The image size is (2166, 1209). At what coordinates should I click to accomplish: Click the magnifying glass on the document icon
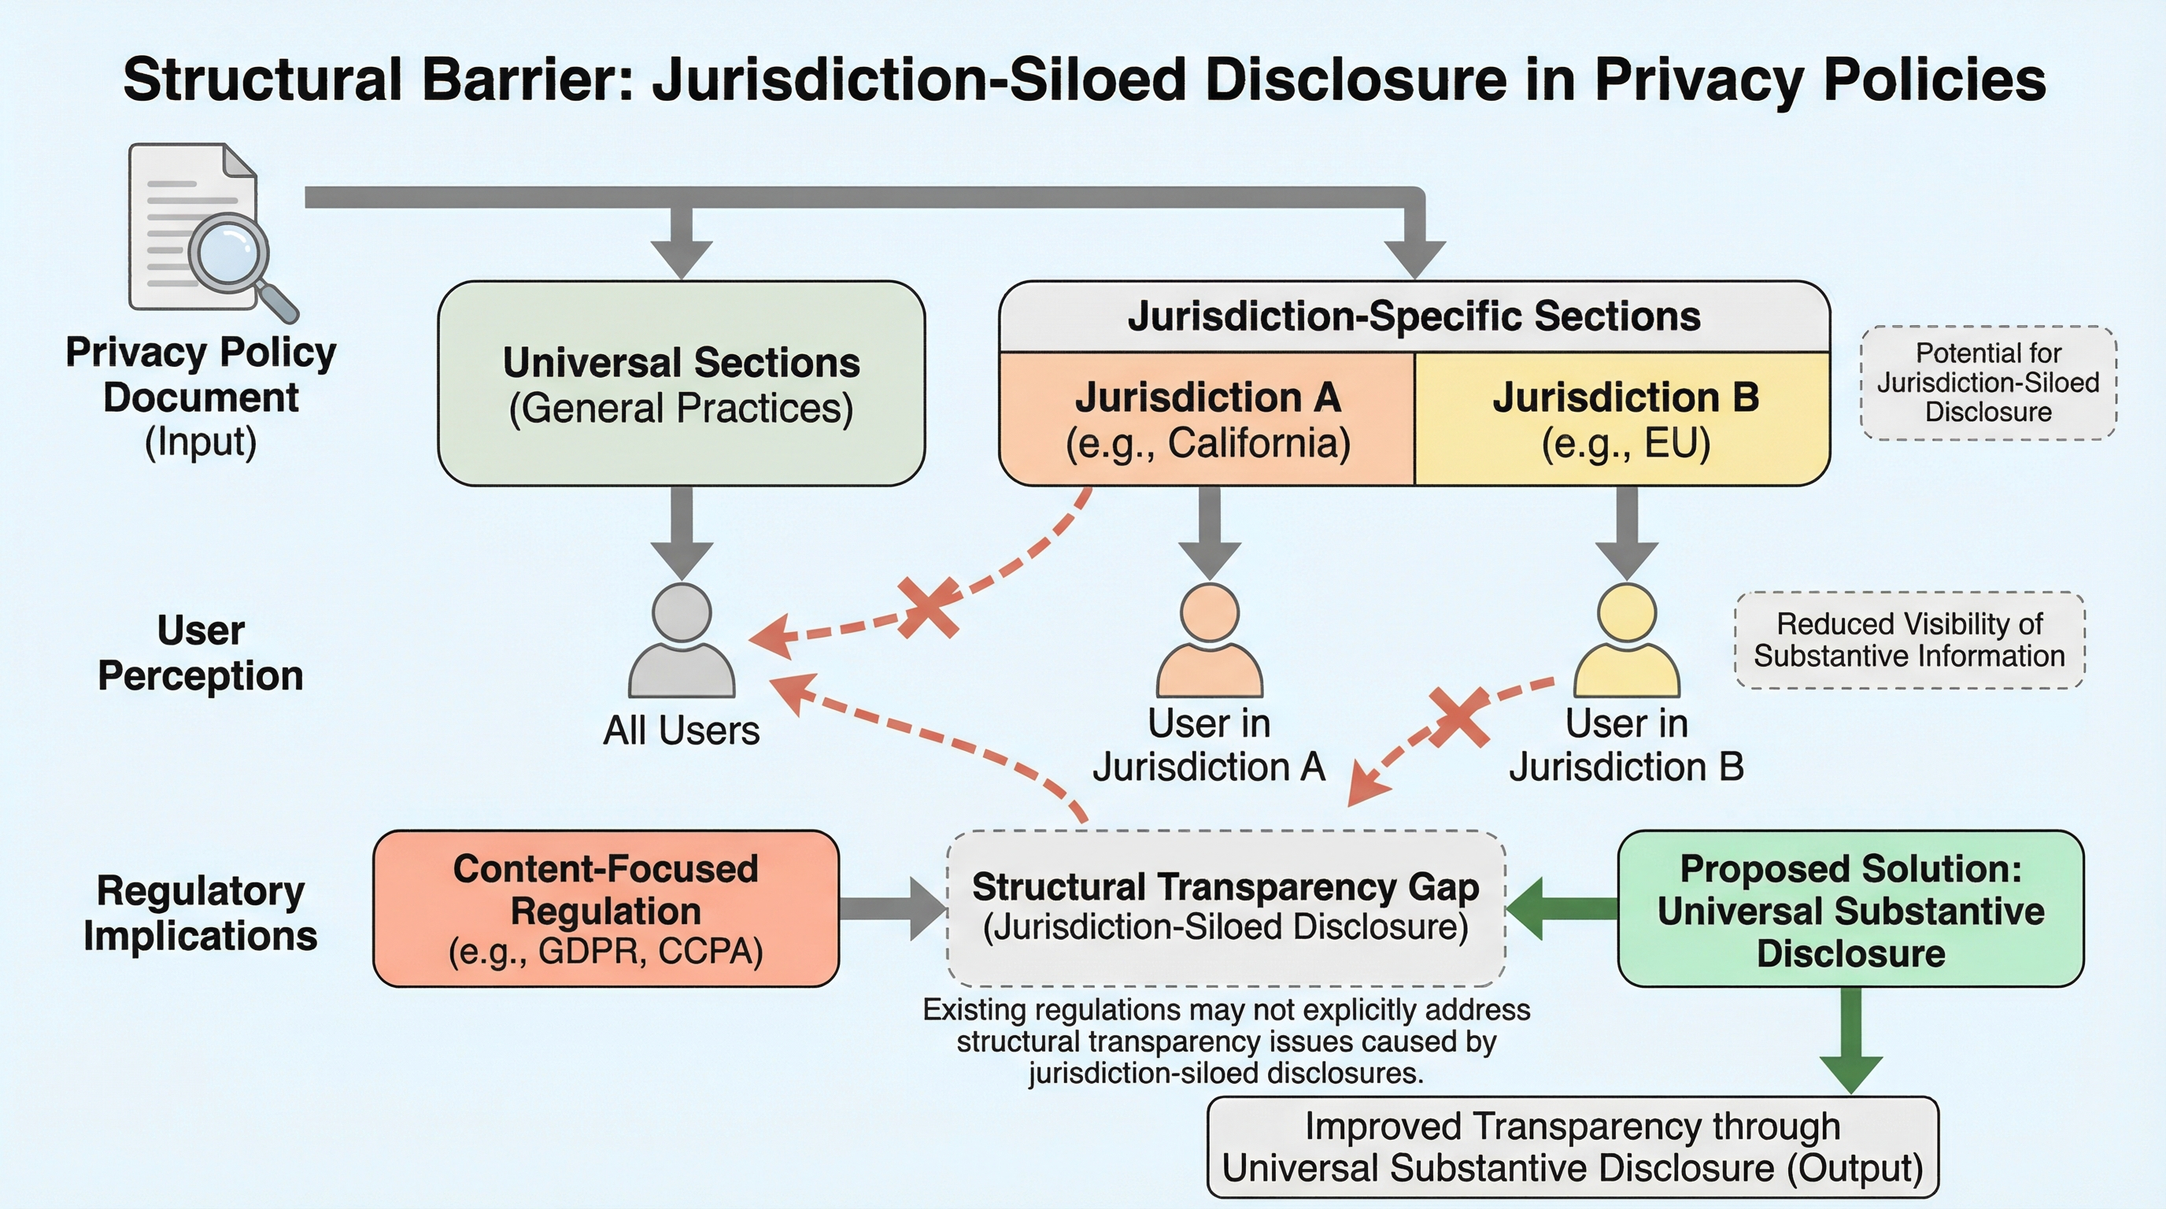[229, 254]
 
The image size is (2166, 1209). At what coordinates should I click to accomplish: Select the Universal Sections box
[681, 384]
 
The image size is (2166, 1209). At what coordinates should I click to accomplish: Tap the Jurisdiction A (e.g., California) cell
[1207, 420]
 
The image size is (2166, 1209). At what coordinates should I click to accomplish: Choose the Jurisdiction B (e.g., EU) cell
[1624, 420]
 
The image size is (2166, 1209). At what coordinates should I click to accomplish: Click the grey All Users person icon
[681, 641]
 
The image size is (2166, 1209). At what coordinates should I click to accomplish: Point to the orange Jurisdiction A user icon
[1209, 641]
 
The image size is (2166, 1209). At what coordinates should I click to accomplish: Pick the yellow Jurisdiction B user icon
[1626, 641]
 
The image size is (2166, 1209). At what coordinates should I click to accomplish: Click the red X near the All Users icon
[928, 607]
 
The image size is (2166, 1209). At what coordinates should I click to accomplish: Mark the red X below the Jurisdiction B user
[1460, 717]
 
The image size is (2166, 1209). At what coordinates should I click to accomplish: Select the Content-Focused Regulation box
[605, 909]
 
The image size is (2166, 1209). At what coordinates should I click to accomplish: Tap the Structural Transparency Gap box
[1225, 908]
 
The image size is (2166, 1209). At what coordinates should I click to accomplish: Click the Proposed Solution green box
[1850, 909]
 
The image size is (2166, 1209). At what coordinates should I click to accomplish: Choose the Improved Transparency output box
[1573, 1147]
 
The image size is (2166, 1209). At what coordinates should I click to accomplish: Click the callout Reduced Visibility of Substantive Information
[1909, 640]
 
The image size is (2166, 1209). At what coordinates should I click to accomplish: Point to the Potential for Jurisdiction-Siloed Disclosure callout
[1988, 383]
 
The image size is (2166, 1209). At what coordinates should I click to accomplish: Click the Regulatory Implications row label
[200, 912]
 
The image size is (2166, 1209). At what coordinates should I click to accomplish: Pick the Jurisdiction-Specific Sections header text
[1414, 317]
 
